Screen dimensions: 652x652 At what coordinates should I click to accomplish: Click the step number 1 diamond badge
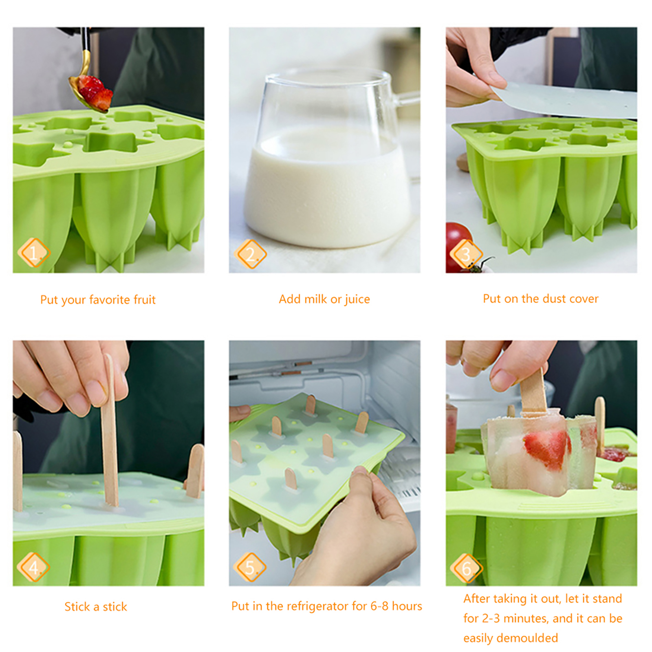(34, 253)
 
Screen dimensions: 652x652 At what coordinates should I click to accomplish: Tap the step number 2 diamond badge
(250, 254)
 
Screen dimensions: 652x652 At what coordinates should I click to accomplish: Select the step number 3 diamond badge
(466, 254)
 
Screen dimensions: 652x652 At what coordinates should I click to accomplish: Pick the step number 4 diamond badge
(33, 567)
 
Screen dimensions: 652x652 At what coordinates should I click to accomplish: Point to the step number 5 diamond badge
(250, 567)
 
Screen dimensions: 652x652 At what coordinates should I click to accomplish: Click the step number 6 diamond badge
(467, 568)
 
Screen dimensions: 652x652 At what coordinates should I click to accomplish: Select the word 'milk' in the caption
(315, 299)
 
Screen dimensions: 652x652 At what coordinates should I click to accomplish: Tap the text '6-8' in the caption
(379, 606)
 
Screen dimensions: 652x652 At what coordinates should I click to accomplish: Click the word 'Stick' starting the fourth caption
(77, 607)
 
